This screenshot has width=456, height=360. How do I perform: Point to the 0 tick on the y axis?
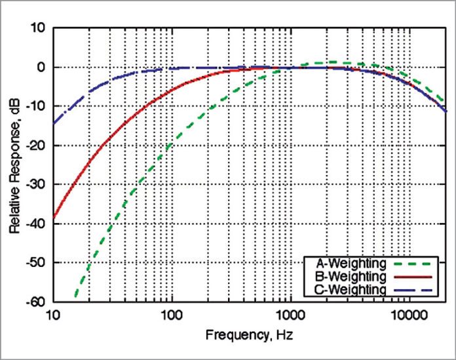[x=40, y=67]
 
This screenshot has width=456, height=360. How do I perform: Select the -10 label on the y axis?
[x=35, y=106]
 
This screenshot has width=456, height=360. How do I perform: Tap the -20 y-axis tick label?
[x=35, y=146]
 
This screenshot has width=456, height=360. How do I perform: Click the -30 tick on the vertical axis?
[x=35, y=184]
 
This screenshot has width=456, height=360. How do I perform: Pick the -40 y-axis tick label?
[x=35, y=224]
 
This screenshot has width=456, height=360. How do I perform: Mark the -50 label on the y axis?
[x=35, y=263]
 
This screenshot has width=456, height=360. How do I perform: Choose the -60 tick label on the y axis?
[x=35, y=302]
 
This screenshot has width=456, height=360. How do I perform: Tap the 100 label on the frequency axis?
[x=172, y=315]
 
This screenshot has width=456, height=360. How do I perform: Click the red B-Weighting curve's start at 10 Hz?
[x=54, y=218]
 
